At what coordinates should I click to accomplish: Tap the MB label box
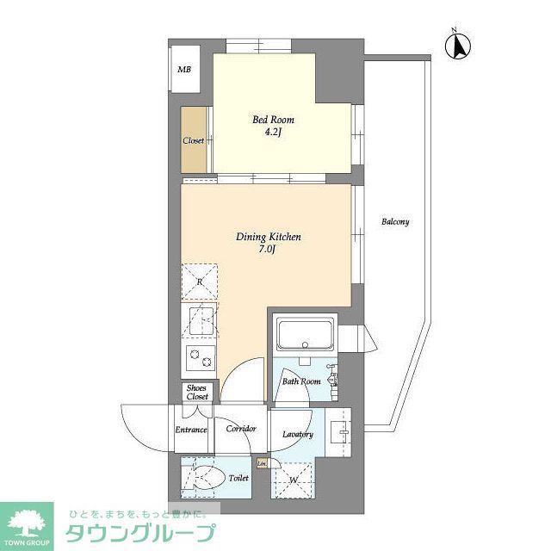[184, 70]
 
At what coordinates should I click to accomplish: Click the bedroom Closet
[193, 140]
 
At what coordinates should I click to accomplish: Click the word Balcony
[395, 222]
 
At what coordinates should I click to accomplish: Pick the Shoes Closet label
[197, 393]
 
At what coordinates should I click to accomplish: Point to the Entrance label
[191, 429]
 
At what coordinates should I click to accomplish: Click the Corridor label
[241, 429]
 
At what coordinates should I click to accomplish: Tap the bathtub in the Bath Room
[305, 332]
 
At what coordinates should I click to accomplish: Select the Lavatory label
[297, 435]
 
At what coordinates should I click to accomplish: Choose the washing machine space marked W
[294, 478]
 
